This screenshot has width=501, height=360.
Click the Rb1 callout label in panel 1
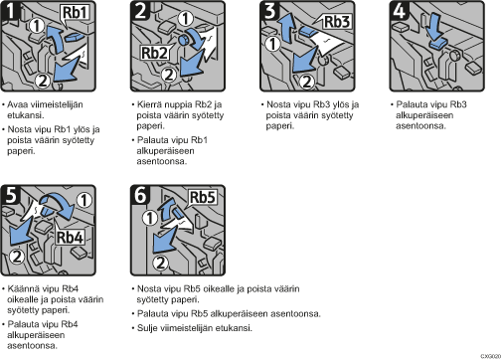click(x=76, y=13)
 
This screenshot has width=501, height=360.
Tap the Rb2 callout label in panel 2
click(x=154, y=53)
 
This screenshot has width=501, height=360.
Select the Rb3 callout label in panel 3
click(x=336, y=22)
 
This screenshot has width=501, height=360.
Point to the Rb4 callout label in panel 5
click(x=70, y=237)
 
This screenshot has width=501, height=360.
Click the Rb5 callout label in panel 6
click(x=203, y=198)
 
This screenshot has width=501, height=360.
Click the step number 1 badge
click(x=10, y=10)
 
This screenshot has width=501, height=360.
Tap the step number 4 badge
click(x=399, y=10)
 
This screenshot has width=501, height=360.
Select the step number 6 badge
click(x=140, y=194)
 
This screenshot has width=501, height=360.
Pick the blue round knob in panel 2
click(x=183, y=41)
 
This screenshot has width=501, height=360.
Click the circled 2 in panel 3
click(x=307, y=82)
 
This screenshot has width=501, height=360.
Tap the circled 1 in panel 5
click(x=84, y=200)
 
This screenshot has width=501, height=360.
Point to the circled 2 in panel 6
click(x=161, y=263)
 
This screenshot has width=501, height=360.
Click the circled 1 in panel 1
click(x=37, y=26)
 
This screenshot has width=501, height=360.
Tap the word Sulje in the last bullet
click(x=147, y=328)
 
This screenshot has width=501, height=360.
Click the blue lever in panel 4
click(x=439, y=45)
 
